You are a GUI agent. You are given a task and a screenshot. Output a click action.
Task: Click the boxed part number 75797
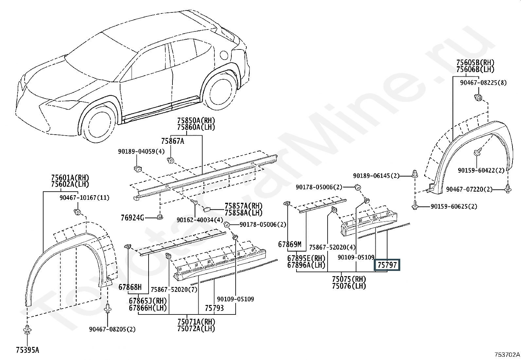pos(387,265)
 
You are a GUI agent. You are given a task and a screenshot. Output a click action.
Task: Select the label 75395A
pos(27,350)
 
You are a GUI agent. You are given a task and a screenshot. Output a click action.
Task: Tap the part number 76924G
pos(132,218)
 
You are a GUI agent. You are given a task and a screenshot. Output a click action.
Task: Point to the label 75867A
pos(172,141)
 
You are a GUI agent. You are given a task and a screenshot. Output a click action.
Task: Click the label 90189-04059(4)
pos(141,151)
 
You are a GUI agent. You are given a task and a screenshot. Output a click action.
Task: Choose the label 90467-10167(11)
pos(84,198)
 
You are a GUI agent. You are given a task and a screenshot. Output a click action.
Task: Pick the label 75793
pos(214,308)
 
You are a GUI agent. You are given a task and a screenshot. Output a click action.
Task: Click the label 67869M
pos(290,244)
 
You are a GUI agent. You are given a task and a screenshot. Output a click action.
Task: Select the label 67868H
pos(130,287)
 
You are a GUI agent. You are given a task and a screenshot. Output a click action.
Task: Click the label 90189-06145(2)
pos(376,176)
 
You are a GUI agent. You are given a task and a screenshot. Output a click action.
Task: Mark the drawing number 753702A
pos(507,354)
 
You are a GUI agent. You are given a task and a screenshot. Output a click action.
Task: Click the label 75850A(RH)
pos(196,120)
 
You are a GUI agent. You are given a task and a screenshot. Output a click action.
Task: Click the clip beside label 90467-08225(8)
pos(478,97)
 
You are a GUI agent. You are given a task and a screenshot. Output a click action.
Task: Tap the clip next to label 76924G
pos(160,217)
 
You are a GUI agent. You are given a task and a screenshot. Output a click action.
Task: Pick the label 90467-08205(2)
pos(112,329)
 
